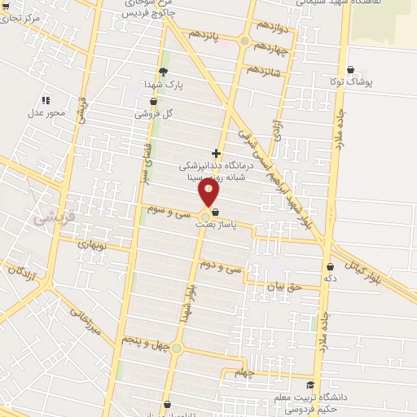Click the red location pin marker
(209, 192)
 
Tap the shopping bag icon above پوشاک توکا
(350, 70)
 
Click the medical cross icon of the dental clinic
(215, 152)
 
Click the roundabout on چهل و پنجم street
(178, 350)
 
